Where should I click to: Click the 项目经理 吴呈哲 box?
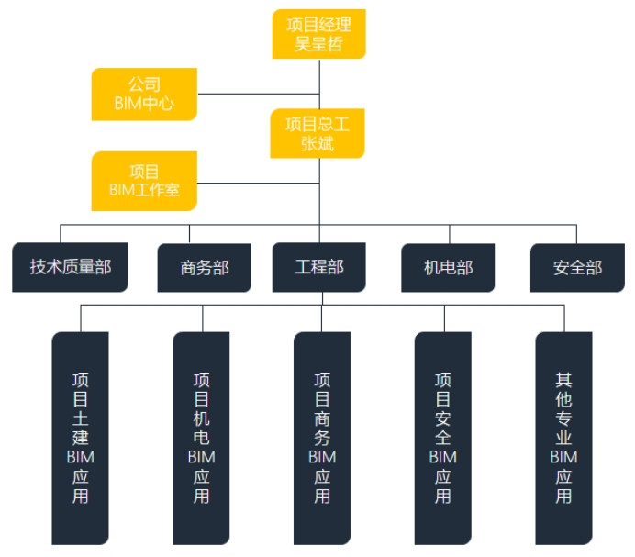coord(318,34)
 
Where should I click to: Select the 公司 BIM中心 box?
coord(144,94)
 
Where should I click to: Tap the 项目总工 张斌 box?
coord(317,133)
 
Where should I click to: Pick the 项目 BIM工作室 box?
coord(144,181)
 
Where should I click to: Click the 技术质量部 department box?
coord(70,267)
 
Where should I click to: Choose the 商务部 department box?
coord(204,268)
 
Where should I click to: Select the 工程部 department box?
coord(319,267)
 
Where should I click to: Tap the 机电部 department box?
coord(448,268)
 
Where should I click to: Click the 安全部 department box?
coord(577,268)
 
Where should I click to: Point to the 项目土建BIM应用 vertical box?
coord(80,439)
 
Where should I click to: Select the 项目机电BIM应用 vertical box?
coord(201,439)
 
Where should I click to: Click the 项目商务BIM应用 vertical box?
coord(322,439)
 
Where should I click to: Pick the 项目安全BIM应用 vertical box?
coord(443,439)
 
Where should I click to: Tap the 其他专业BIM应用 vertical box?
coord(563,439)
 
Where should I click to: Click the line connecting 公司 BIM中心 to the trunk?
coord(259,94)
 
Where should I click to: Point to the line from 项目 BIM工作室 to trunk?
coord(259,184)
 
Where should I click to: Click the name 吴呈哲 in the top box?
coord(318,44)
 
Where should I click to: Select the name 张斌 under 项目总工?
coord(317,143)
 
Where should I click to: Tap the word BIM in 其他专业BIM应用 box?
coord(563,457)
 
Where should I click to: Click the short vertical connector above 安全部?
coord(576,234)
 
